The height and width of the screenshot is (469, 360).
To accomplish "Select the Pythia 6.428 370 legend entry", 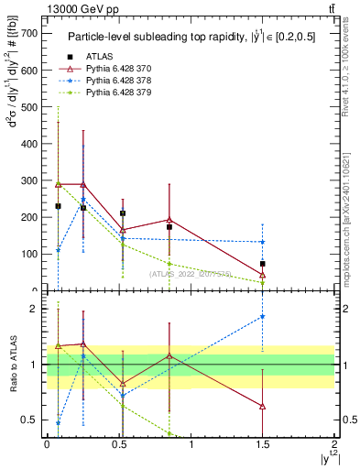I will click(x=110, y=69).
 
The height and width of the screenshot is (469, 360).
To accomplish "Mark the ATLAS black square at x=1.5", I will click(x=262, y=264).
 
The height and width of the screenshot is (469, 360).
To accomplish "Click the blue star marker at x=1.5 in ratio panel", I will click(x=262, y=317).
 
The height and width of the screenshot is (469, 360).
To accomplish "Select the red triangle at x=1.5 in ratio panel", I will click(x=262, y=406).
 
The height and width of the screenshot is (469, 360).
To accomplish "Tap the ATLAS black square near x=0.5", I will click(x=123, y=213).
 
